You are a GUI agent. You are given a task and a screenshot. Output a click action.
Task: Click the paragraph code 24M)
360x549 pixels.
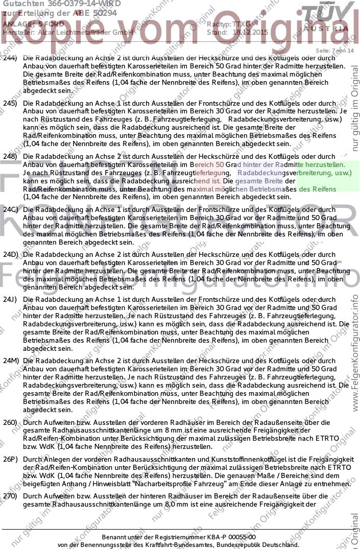tap(11, 361)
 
